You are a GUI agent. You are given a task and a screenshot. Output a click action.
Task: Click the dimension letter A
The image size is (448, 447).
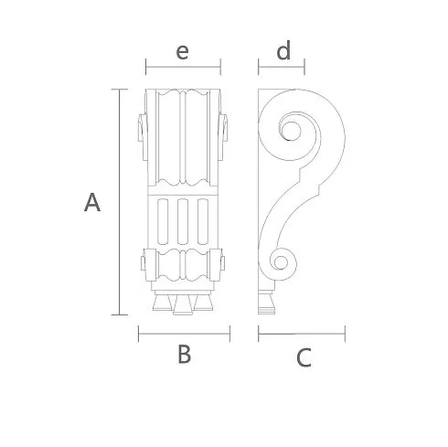[x=92, y=202]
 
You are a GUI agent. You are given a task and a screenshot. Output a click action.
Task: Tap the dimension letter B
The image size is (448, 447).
[x=185, y=354]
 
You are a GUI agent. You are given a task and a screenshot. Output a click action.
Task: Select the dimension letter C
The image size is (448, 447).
[x=304, y=357]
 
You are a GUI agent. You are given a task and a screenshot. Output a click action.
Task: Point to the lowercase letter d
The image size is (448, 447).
[x=283, y=50]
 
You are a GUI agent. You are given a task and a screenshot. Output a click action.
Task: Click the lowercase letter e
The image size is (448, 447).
[x=183, y=52]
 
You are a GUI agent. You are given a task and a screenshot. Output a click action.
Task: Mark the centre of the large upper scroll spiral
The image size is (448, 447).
[x=291, y=131]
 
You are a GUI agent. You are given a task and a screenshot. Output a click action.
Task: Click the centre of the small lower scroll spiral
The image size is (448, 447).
[x=281, y=262]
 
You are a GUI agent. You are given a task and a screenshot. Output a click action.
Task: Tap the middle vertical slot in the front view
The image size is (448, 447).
[x=183, y=221]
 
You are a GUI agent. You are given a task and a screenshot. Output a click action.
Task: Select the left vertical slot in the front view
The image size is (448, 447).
[x=163, y=221]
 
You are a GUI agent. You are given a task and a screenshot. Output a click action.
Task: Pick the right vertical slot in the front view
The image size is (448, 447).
[x=203, y=221]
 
